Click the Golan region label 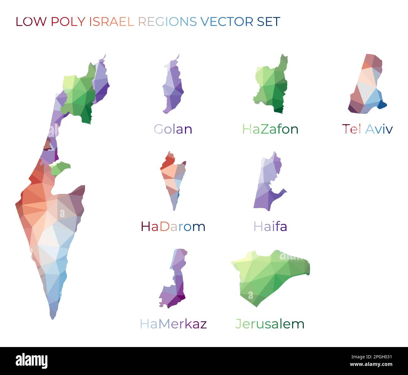click(x=173, y=129)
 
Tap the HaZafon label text click(x=270, y=129)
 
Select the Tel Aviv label click(x=367, y=129)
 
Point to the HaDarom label click(x=173, y=226)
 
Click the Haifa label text click(x=270, y=226)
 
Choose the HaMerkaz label click(x=173, y=324)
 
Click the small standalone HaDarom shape click(x=173, y=179)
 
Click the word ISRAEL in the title click(x=112, y=22)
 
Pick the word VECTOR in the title click(x=227, y=22)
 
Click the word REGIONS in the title click(x=167, y=22)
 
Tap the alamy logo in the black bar click(x=31, y=361)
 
